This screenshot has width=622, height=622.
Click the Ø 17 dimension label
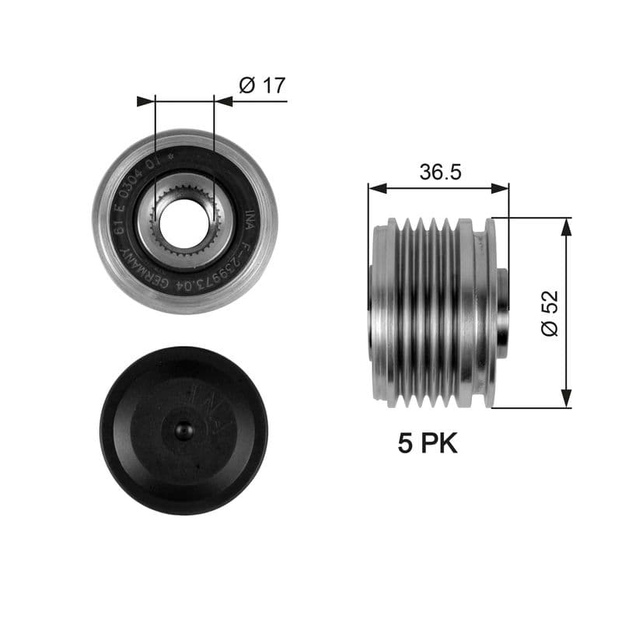[x=262, y=86]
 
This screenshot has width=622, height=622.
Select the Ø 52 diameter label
[x=550, y=313]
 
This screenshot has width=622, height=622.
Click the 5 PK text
[x=428, y=443]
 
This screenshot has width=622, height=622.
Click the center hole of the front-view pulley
[x=184, y=220]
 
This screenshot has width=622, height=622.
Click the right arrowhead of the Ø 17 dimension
[x=223, y=101]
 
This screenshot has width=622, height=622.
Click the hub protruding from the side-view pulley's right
[x=502, y=311]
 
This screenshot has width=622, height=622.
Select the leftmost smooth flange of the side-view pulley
[x=383, y=311]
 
